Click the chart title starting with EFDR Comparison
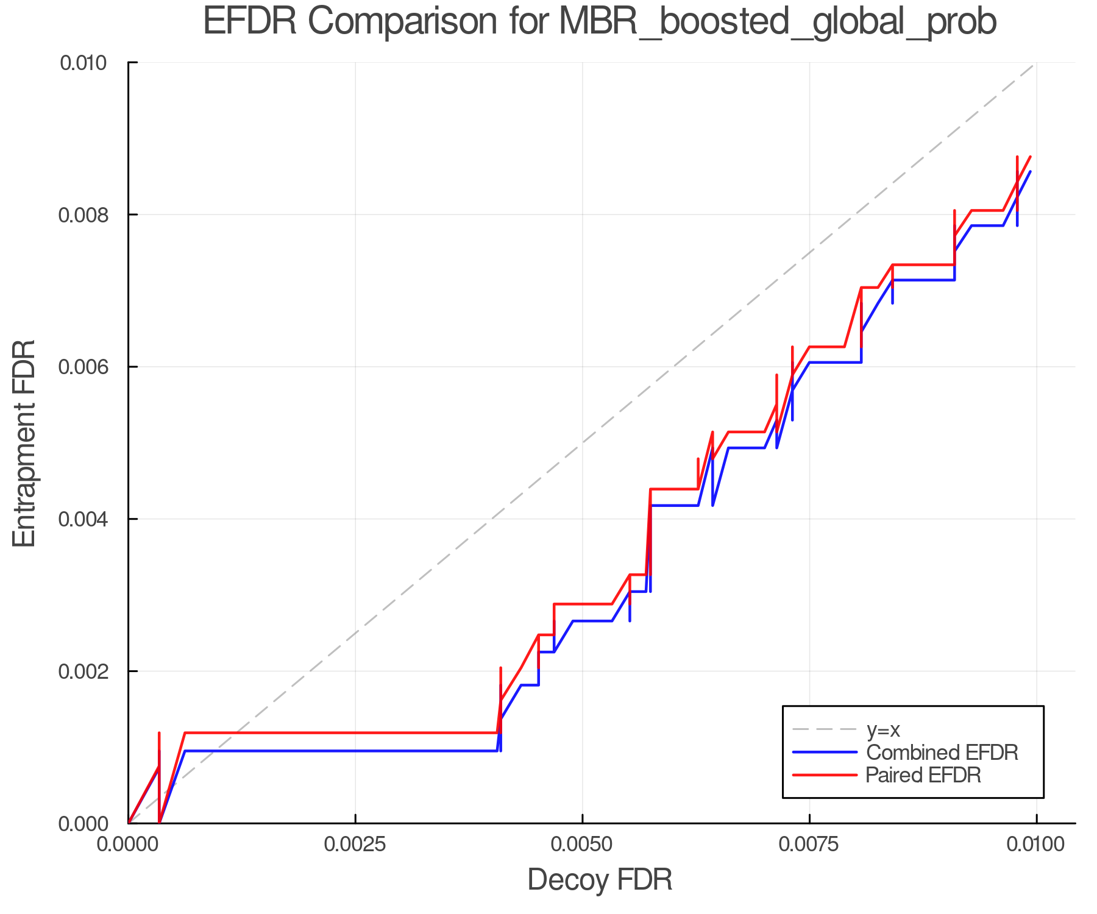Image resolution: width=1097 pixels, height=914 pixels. pos(599,21)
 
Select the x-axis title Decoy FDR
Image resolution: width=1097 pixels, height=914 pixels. pos(600,880)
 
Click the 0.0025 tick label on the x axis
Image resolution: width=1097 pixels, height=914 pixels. pos(355,845)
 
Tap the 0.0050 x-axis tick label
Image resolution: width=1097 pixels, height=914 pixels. pos(583,845)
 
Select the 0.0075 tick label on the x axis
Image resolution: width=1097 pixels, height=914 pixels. pos(809,845)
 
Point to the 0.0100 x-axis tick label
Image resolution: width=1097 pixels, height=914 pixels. pos(1036,845)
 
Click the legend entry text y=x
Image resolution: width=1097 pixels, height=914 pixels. pos(883,730)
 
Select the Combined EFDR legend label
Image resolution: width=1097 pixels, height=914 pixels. pos(942,753)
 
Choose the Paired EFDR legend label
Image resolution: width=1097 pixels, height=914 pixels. pos(923,775)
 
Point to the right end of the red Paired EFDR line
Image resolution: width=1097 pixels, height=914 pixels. pos(1030,157)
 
